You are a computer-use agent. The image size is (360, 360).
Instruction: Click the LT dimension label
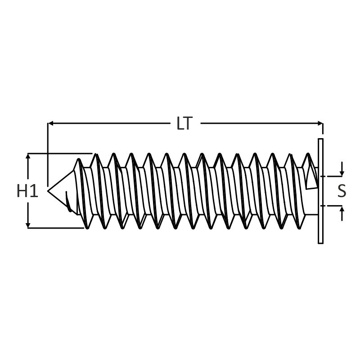pyautogui.click(x=184, y=123)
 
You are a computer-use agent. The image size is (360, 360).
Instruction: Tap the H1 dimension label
pyautogui.click(x=27, y=191)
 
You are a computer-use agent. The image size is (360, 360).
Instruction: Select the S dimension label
pyautogui.click(x=342, y=191)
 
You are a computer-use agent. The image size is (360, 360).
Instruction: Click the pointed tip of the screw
pyautogui.click(x=48, y=190)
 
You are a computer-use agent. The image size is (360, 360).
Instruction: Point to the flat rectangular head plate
pyautogui.click(x=320, y=191)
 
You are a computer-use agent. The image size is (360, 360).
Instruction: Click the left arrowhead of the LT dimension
pyautogui.click(x=51, y=123)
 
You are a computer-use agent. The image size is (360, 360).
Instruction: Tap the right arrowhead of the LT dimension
pyautogui.click(x=320, y=123)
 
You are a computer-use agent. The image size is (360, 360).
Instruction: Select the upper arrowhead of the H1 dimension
pyautogui.click(x=28, y=156)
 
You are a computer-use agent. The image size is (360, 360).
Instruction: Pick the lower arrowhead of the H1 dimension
pyautogui.click(x=28, y=225)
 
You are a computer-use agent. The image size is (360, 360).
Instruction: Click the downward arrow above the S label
pyautogui.click(x=342, y=169)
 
